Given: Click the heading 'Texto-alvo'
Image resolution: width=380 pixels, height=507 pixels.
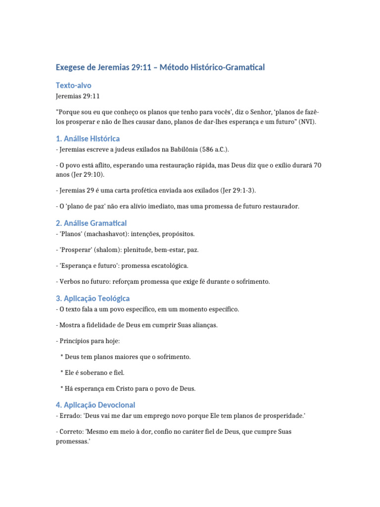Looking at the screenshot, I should tap(73, 85).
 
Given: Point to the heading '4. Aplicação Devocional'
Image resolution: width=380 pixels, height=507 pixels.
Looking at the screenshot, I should tap(95, 405).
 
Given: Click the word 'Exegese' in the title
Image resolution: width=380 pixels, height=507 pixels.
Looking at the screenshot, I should tap(74, 67).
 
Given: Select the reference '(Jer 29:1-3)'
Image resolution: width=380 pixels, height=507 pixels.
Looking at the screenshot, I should tap(239, 191).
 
